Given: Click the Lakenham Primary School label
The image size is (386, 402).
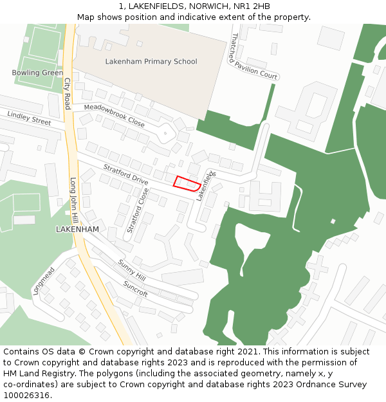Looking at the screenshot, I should point(151,62).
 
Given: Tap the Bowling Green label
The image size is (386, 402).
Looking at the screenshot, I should point(37,73).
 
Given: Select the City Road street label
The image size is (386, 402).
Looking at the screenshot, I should point(67,94).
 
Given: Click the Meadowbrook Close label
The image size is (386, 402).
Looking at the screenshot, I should point(115,115).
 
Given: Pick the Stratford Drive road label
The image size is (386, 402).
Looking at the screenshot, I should point(126,174).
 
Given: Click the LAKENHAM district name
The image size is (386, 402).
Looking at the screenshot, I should point(77,229).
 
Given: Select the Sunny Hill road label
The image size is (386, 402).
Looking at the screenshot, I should point(132,270).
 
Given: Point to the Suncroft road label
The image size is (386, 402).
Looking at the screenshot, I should point(136,288).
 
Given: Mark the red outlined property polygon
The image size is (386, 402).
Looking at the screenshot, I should point(186,183).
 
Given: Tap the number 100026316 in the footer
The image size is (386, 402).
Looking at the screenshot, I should point(26,396).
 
